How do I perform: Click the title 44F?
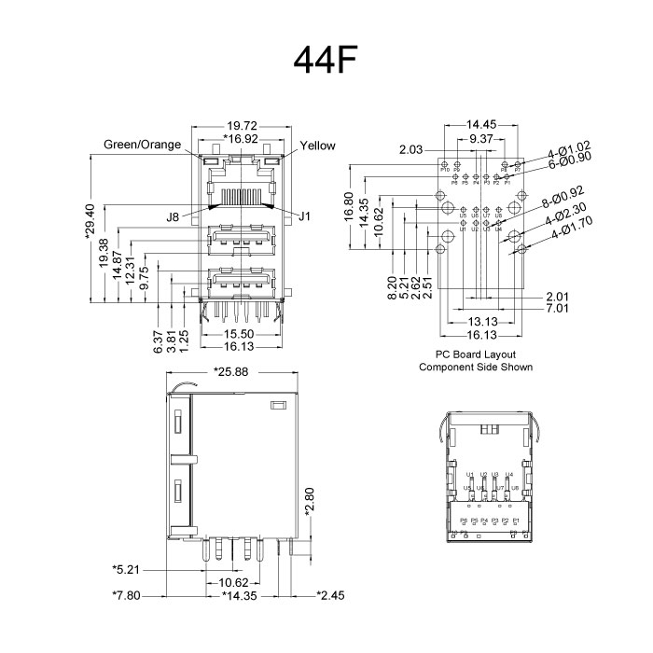tap(326, 59)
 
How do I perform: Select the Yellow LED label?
tap(318, 146)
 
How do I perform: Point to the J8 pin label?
tap(173, 217)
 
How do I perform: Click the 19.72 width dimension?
tap(242, 124)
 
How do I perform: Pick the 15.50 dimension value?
tap(242, 333)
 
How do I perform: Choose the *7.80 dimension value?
tap(128, 594)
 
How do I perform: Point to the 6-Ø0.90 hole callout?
tap(571, 159)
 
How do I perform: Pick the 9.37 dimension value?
tap(482, 138)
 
